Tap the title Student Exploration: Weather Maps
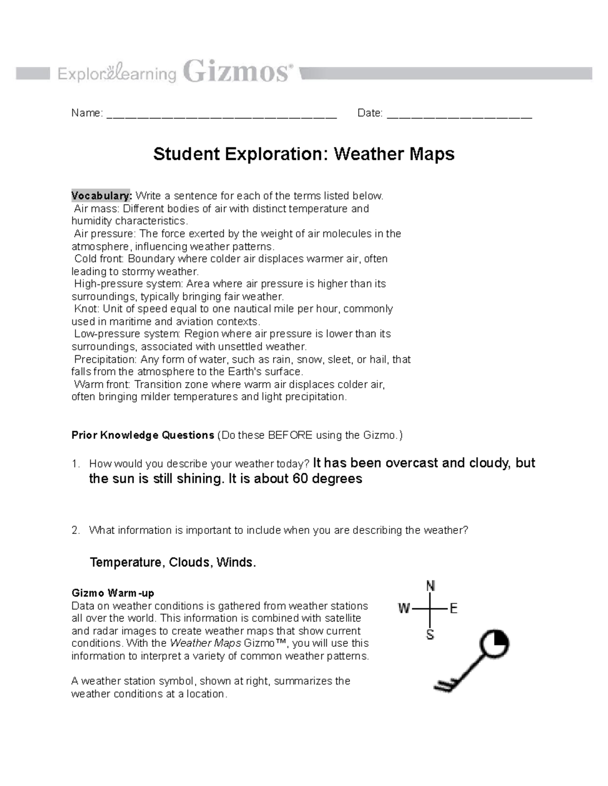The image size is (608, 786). click(x=304, y=154)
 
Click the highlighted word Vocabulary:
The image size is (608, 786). click(x=101, y=196)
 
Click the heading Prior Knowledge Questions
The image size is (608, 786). click(x=143, y=435)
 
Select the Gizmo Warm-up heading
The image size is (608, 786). click(x=113, y=593)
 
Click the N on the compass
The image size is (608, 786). click(x=430, y=586)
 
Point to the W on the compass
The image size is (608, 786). click(x=404, y=608)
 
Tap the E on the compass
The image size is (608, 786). click(x=453, y=608)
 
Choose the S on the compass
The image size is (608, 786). click(x=430, y=635)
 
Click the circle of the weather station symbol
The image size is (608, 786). click(x=493, y=646)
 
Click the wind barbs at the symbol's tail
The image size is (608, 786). click(x=444, y=685)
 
